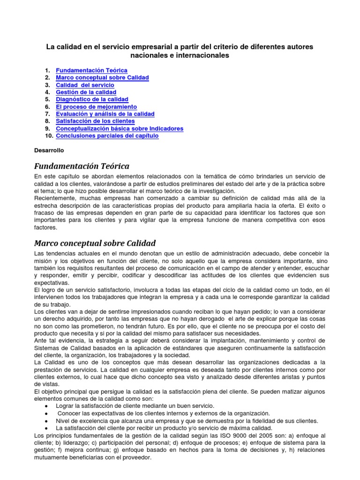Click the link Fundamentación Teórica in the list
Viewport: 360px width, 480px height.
tap(91, 70)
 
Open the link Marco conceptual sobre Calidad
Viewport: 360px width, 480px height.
tap(102, 77)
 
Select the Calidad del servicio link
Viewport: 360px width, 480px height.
tap(85, 85)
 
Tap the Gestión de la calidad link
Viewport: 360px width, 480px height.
tap(86, 92)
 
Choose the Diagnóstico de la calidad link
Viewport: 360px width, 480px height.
tap(92, 99)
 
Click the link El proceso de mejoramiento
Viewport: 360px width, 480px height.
tap(96, 107)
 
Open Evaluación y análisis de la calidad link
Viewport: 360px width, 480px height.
tap(105, 114)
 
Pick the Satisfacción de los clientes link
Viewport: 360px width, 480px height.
tap(95, 121)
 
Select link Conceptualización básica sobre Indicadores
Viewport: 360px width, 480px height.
tap(120, 128)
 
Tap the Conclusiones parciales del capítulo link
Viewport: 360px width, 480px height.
tap(107, 136)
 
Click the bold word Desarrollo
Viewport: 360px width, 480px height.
tap(49, 151)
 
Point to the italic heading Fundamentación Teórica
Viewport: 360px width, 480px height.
tap(82, 166)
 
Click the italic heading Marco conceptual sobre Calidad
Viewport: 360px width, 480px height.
tap(95, 243)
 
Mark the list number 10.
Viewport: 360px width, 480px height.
tap(48, 136)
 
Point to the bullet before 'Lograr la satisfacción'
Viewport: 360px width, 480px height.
tap(45, 405)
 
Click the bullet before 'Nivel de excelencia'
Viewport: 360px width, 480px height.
tap(45, 420)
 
